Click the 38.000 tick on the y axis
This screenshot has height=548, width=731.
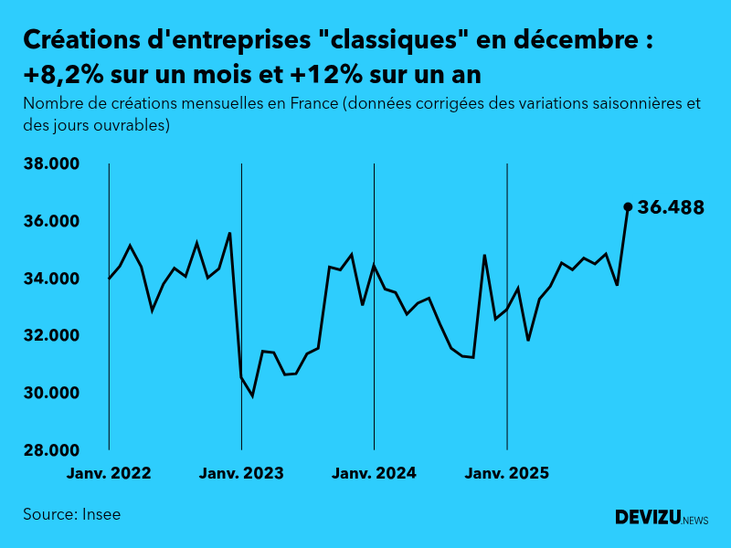tap(52, 164)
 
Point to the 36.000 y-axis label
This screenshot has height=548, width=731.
tap(52, 222)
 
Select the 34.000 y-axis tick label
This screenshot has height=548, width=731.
tap(52, 279)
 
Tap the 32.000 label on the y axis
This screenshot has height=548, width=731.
tap(52, 336)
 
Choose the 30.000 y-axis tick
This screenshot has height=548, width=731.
tap(52, 394)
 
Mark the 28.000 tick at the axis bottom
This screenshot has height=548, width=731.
tap(52, 450)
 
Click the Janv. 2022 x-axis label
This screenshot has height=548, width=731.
tap(109, 473)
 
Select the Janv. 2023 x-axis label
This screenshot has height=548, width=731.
tap(241, 473)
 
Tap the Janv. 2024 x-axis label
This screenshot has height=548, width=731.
tap(374, 473)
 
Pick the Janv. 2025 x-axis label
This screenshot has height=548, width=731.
tap(507, 473)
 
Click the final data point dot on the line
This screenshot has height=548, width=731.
tap(628, 206)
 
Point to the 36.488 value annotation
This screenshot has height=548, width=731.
tap(671, 207)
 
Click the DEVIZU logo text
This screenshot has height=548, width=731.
tap(648, 518)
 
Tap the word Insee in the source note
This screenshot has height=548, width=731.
tap(101, 514)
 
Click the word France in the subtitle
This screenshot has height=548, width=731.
tap(314, 103)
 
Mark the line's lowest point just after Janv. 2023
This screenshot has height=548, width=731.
tap(252, 395)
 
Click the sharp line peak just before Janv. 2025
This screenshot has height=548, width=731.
tap(484, 255)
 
